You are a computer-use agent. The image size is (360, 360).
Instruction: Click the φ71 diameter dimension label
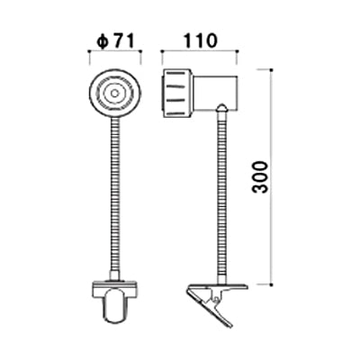pos(115,41)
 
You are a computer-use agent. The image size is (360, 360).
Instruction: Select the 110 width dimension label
pos(200,40)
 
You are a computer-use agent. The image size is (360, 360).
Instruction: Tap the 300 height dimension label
pos(260,177)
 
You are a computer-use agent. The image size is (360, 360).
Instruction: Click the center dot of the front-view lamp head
pos(114,94)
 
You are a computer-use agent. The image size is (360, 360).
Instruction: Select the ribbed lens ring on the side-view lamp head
pos(177,93)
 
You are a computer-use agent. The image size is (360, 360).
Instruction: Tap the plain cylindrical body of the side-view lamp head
pos(215,92)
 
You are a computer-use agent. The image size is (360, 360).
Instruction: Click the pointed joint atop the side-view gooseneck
pos(221,108)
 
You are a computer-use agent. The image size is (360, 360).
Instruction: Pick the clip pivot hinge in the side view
pos(215,299)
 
